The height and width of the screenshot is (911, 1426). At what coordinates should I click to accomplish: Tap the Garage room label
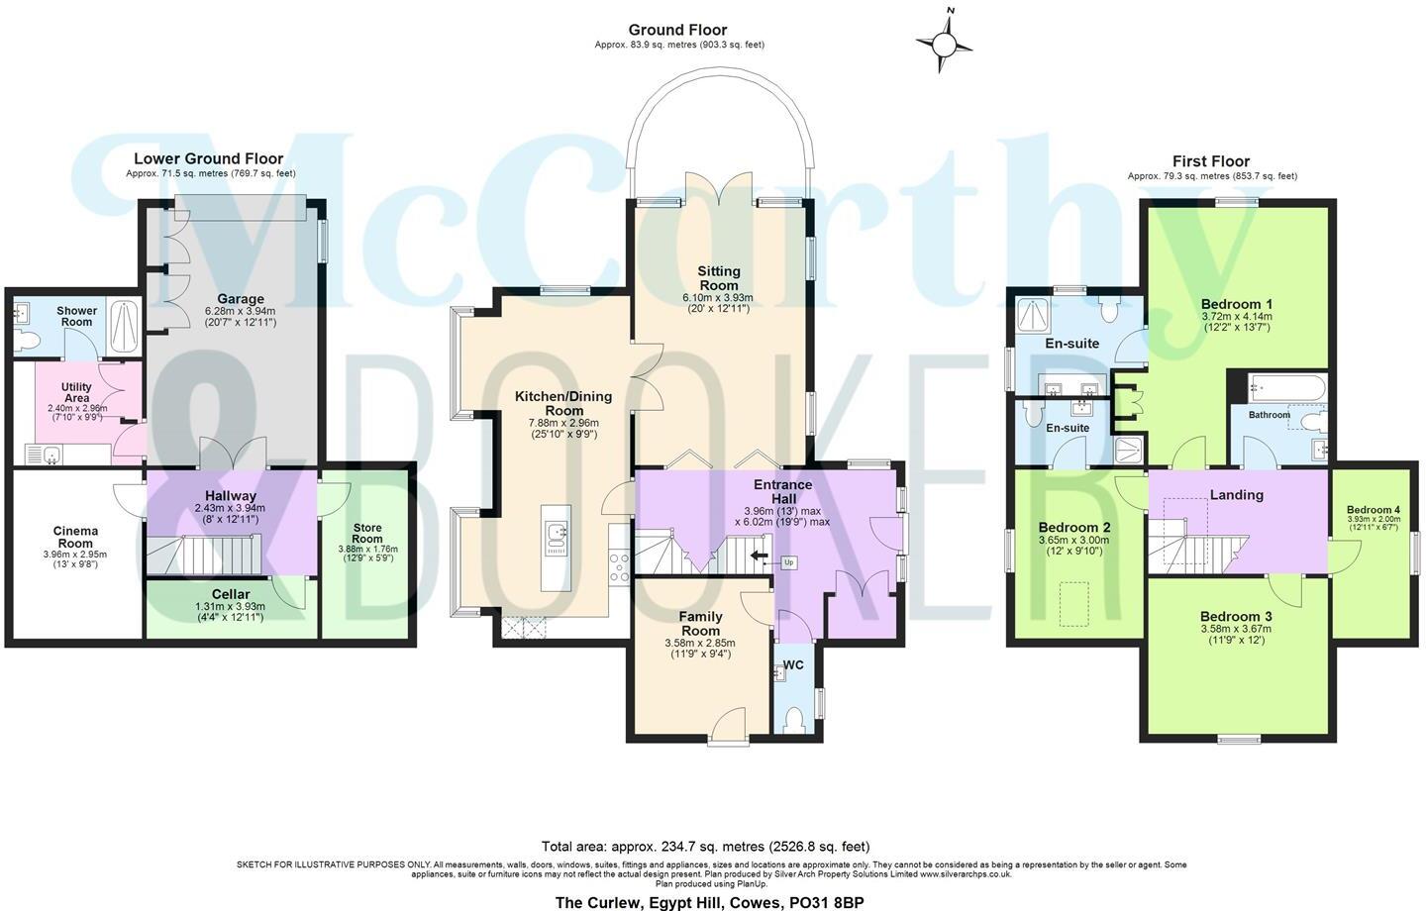click(241, 299)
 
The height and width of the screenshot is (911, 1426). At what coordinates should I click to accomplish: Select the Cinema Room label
click(75, 537)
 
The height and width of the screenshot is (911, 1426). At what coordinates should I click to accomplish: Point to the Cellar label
click(230, 594)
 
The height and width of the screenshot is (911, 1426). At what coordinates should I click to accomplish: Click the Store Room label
click(366, 533)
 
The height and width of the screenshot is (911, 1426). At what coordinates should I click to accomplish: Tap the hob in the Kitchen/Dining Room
click(620, 566)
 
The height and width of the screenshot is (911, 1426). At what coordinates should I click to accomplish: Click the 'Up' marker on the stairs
click(789, 562)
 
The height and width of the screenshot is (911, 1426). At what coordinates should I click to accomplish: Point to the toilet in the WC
click(795, 717)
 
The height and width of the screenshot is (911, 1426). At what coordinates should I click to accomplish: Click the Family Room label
click(700, 623)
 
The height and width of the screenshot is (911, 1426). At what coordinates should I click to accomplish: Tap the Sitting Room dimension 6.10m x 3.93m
click(718, 297)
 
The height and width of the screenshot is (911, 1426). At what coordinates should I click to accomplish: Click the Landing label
click(1236, 494)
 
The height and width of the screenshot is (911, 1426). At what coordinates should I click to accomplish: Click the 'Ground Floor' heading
click(677, 31)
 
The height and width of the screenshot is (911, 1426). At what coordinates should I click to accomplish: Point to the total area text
click(705, 846)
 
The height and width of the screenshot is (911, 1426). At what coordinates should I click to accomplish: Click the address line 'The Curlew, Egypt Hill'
click(709, 902)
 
